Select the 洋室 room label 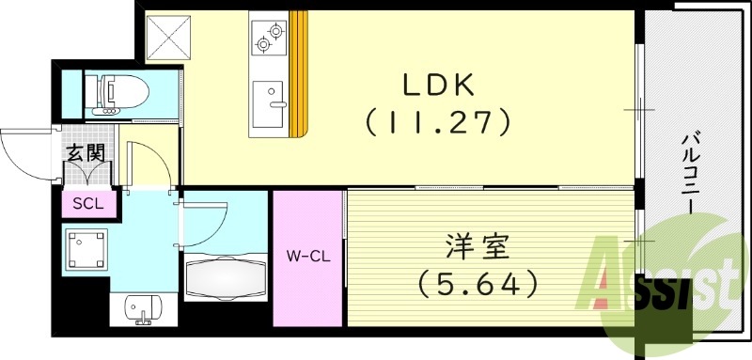[x=478, y=249]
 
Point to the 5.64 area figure [x=478, y=280]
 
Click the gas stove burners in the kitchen [x=269, y=38]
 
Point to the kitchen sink [x=269, y=96]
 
